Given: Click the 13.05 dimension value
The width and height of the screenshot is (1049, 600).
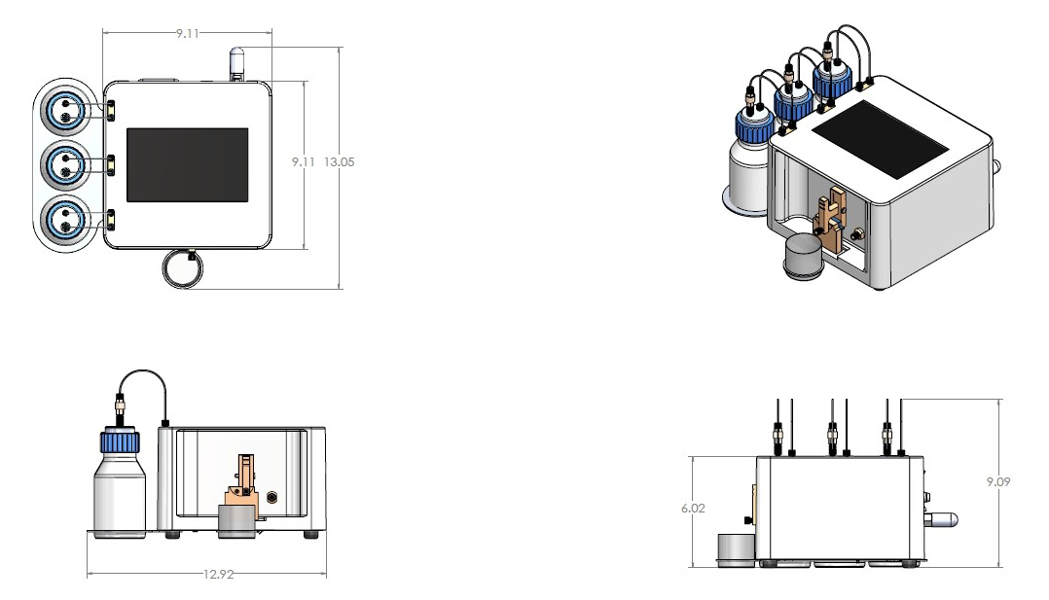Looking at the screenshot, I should (x=340, y=162).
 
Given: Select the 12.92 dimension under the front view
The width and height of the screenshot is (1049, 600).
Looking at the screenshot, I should (x=218, y=575).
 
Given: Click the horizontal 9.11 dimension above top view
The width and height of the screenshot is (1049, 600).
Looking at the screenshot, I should (x=188, y=33).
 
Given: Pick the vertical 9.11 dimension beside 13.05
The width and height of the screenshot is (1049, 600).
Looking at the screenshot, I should (x=306, y=162).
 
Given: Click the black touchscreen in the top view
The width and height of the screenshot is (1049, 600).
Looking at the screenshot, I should (x=187, y=164).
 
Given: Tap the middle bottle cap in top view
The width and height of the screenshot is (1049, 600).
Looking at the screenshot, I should (x=64, y=164).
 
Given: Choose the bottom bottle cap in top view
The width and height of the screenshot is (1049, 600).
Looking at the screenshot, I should (x=64, y=219).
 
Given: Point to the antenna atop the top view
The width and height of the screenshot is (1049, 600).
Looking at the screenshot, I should (x=236, y=63).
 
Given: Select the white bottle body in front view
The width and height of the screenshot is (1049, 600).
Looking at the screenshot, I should (x=119, y=496).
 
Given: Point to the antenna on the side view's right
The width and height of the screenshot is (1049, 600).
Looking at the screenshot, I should (x=941, y=521).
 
